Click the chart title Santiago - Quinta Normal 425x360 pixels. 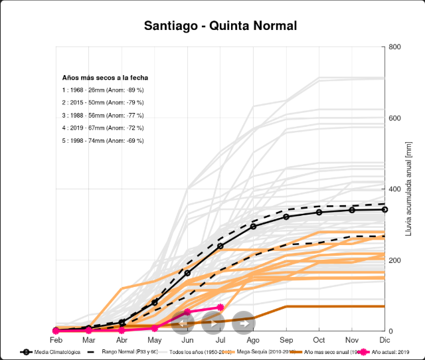[x=220, y=26]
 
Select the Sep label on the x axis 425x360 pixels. [x=286, y=339]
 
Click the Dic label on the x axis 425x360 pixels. [x=384, y=339]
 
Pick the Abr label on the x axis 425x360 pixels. [x=121, y=339]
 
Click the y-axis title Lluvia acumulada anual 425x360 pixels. [x=408, y=193]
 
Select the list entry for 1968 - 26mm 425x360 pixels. [x=103, y=90]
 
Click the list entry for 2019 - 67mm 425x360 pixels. [x=103, y=128]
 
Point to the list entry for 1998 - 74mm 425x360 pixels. [x=103, y=140]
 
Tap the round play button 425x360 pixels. [x=212, y=323]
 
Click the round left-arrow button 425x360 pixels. [x=183, y=323]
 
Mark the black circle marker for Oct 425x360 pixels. [x=319, y=212]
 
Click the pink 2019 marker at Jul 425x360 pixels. [x=220, y=307]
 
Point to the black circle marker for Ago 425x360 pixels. [x=253, y=226]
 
